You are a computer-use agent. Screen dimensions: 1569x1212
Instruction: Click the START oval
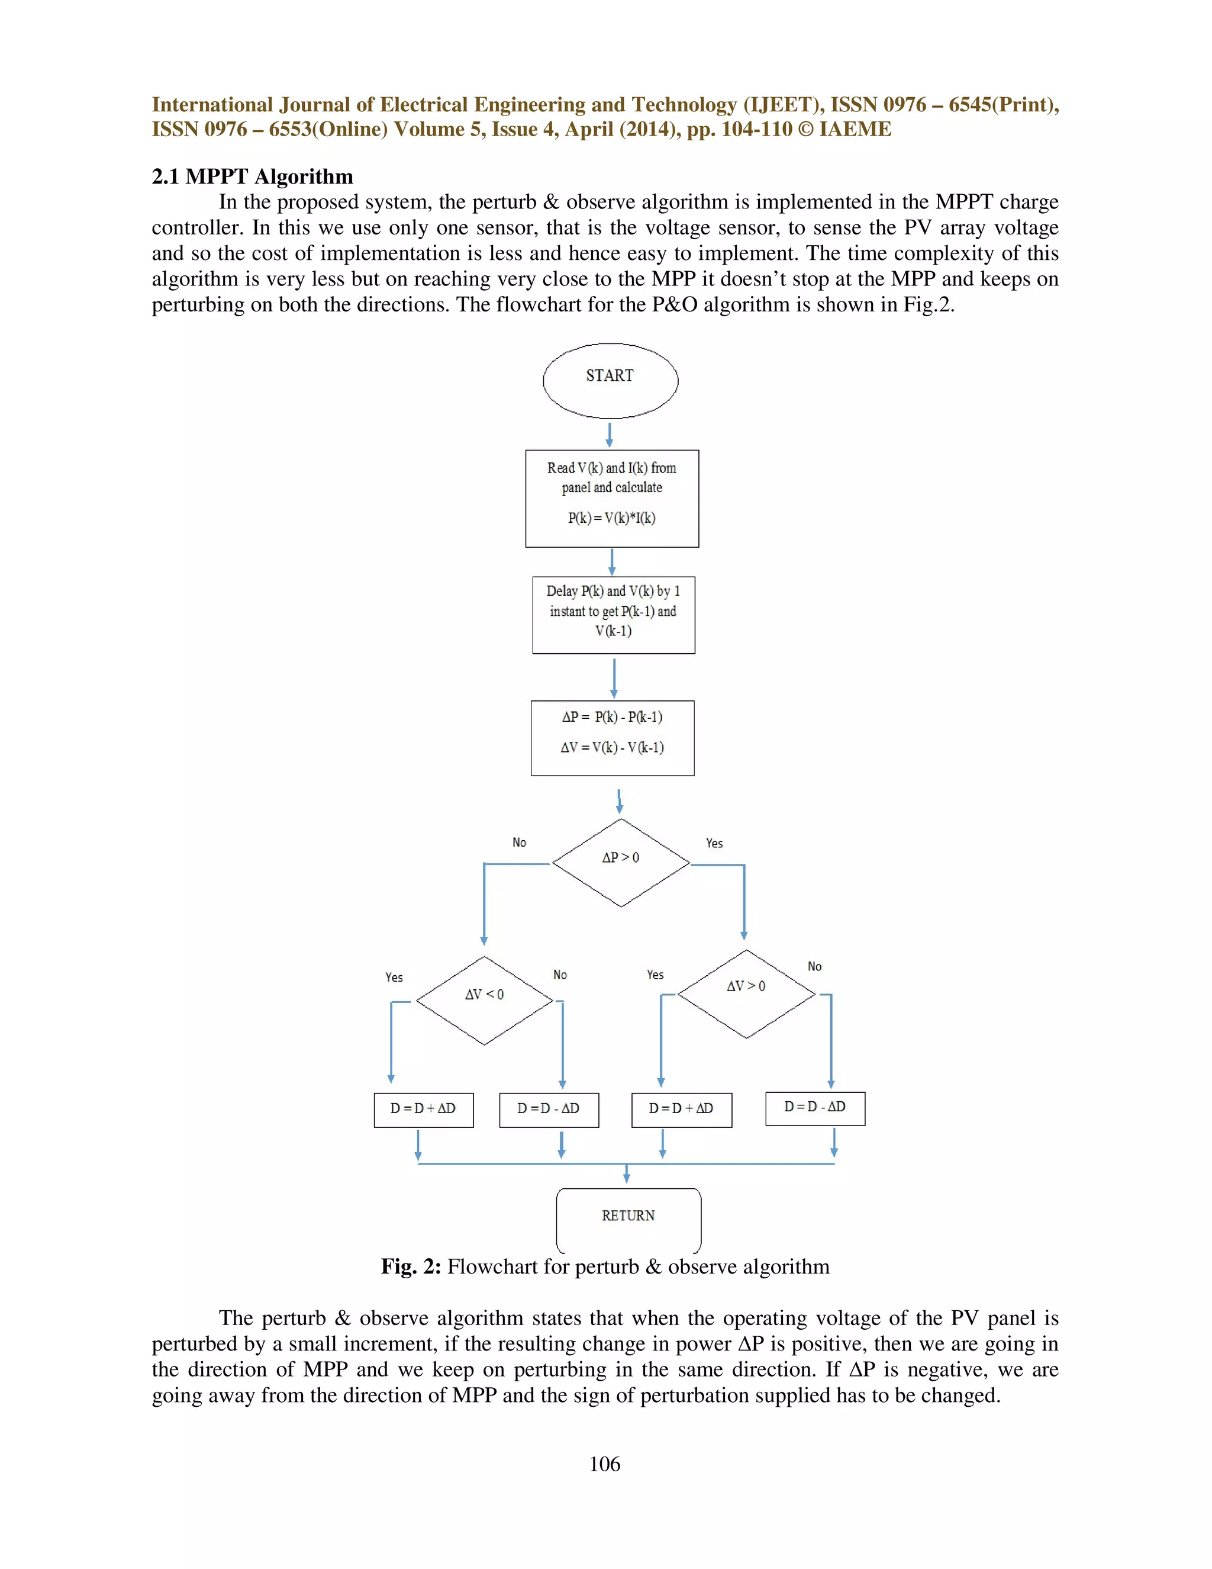[610, 381]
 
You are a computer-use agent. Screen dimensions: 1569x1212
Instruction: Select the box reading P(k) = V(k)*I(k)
[612, 499]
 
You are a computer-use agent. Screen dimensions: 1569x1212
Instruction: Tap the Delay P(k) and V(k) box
[613, 615]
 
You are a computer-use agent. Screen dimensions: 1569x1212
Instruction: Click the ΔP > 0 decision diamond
[621, 862]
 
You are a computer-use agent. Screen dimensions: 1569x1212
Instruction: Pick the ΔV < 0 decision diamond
[485, 1000]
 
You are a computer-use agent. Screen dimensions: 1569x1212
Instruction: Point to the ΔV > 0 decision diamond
[747, 994]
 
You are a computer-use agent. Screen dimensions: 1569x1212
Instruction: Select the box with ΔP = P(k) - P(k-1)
[613, 738]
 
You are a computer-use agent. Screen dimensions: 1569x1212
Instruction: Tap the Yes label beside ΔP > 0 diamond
[714, 843]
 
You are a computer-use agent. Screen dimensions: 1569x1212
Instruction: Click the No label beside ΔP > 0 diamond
[519, 843]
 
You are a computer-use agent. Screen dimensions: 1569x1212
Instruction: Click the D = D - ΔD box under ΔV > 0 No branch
[815, 1108]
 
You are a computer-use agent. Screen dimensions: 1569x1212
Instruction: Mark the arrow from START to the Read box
[610, 435]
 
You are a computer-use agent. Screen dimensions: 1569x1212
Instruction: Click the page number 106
[605, 1464]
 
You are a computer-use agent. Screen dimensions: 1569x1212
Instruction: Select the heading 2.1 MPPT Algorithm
[252, 176]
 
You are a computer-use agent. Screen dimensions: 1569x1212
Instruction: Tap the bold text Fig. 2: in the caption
[411, 1266]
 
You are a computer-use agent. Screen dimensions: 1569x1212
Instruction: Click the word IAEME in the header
[855, 129]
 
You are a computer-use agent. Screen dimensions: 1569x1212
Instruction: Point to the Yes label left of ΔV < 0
[394, 977]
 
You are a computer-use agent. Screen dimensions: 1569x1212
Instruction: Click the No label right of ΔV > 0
[814, 966]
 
